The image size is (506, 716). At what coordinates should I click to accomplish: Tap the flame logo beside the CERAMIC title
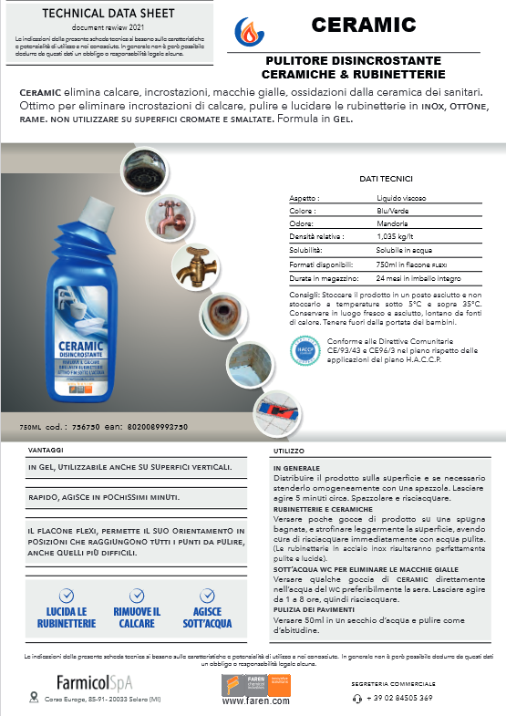pyautogui.click(x=246, y=30)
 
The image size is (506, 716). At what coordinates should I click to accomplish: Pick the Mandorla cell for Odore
pyautogui.click(x=391, y=223)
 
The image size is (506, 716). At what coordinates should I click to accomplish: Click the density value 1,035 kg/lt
pyautogui.click(x=396, y=235)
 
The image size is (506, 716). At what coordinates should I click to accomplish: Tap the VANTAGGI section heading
pyautogui.click(x=46, y=450)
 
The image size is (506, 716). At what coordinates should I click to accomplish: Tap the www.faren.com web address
pyautogui.click(x=256, y=701)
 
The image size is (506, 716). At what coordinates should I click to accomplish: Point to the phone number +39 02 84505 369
pyautogui.click(x=400, y=698)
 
